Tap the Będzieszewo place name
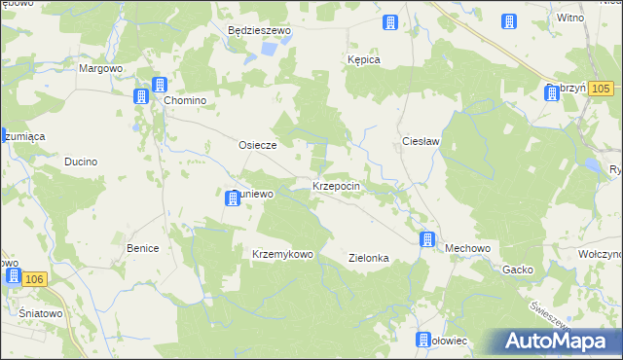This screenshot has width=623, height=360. coord(259,30)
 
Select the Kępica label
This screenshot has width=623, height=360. coord(363,59)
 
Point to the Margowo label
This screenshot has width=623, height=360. coord(100,69)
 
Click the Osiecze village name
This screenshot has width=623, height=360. coord(258,145)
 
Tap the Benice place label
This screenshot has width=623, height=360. coord(142,248)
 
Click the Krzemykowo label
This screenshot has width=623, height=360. coord(282,254)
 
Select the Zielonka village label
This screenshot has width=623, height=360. coord(369,258)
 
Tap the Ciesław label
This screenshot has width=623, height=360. coord(422,141)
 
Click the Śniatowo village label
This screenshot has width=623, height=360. coord(41,313)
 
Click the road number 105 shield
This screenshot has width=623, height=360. coord(601,90)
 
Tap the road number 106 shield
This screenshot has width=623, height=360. coord(34,279)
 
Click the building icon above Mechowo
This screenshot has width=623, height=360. coord(426,238)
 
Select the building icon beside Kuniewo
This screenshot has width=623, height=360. coord(233,198)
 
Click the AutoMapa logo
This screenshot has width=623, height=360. coord(561,342)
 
